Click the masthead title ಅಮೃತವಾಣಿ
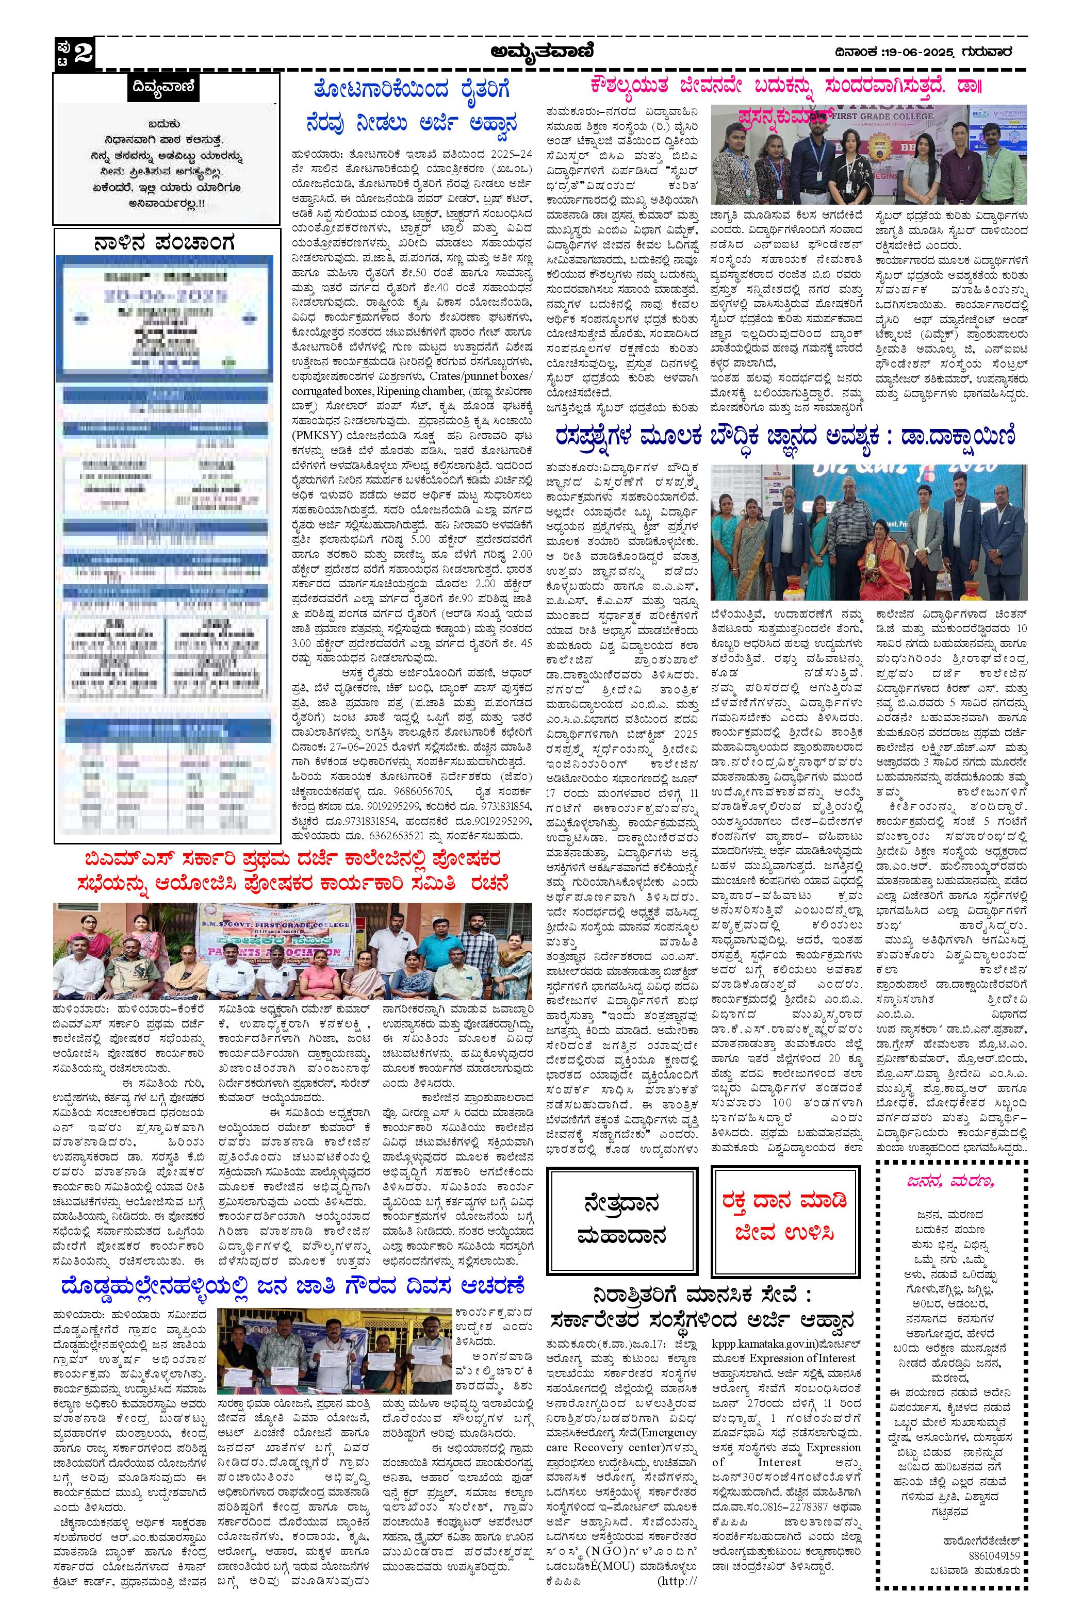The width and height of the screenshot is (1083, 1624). point(541,51)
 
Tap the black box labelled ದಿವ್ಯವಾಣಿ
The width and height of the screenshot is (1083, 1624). point(166,88)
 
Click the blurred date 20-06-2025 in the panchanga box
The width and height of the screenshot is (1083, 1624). point(166,297)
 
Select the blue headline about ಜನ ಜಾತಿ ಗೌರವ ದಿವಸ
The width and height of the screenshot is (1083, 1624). point(293,1286)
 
